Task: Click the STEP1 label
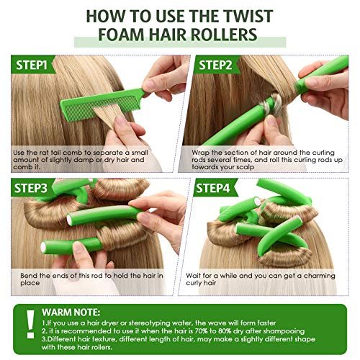tap(32, 66)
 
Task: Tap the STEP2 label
tap(215, 66)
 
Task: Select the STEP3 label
tap(31, 189)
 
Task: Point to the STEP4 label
tap(213, 189)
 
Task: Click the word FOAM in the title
tap(121, 35)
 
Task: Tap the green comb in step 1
tap(102, 104)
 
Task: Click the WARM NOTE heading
tap(71, 312)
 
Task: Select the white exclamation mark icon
tap(30, 324)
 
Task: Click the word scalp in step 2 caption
tap(246, 167)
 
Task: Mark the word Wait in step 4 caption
tap(193, 276)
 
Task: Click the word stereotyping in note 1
tap(147, 324)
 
